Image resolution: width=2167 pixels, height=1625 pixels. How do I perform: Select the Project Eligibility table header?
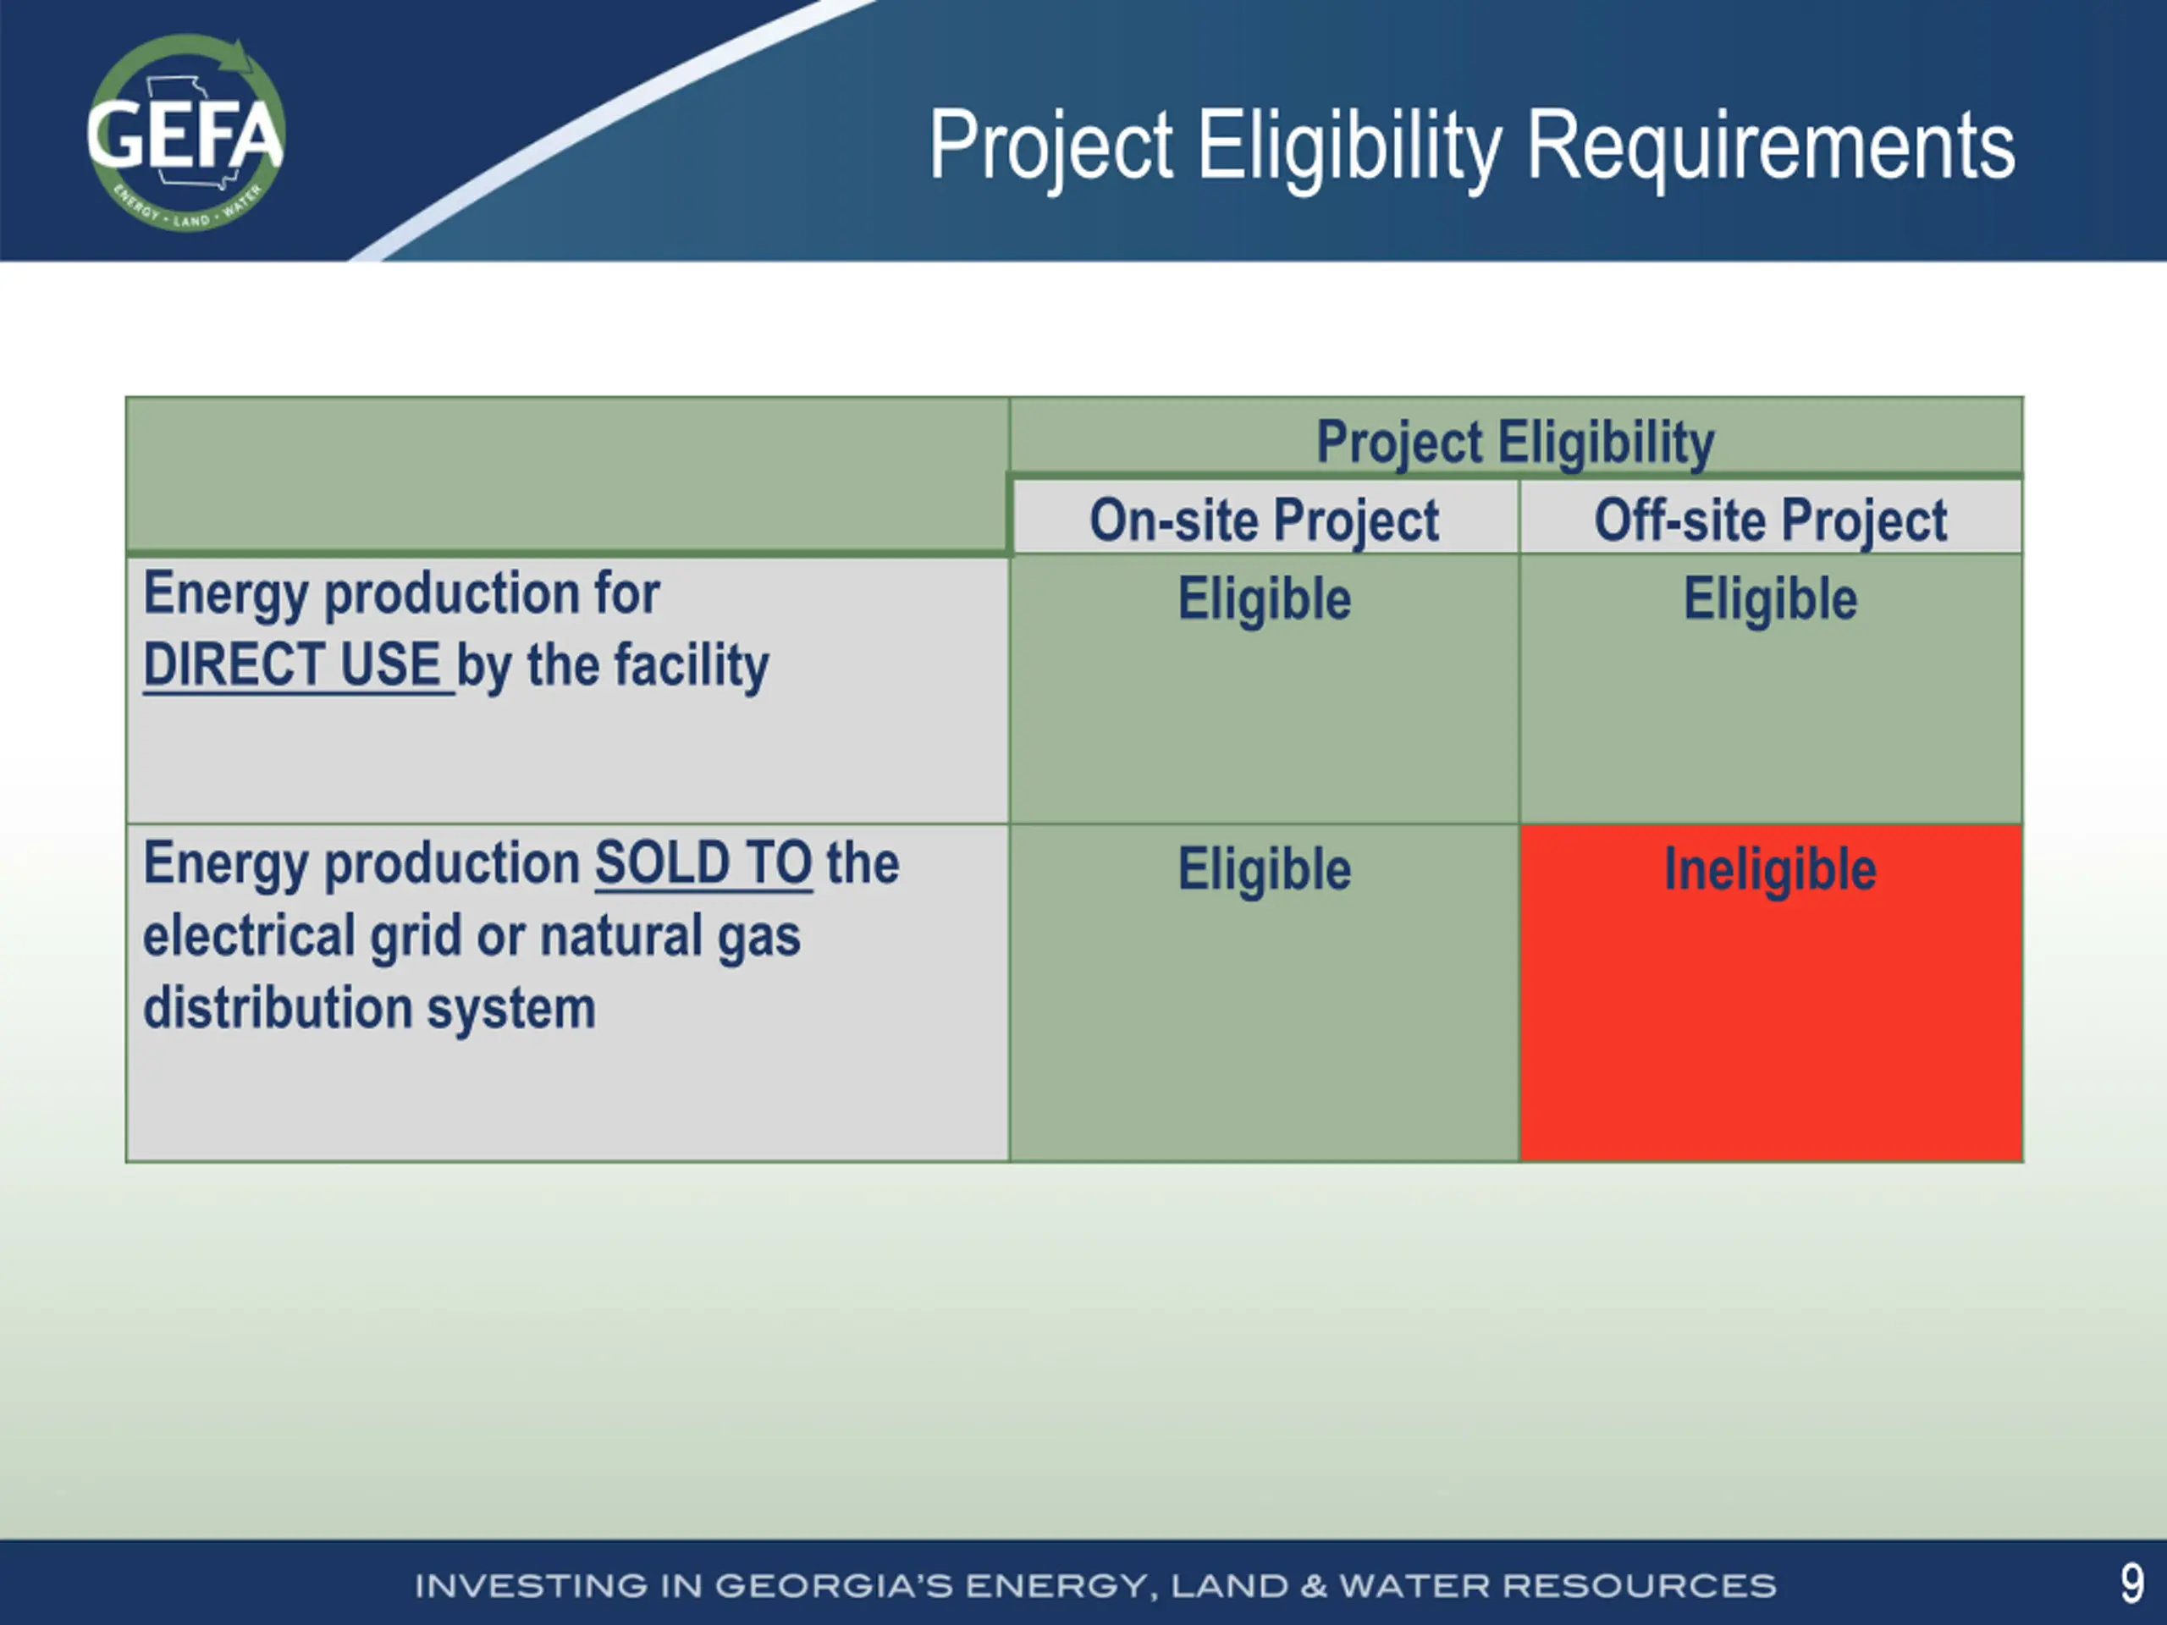(1515, 442)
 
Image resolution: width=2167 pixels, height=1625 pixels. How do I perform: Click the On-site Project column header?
(1264, 521)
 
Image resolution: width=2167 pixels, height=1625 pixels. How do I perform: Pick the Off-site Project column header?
(1770, 521)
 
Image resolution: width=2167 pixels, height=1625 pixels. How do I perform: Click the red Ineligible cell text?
(1770, 869)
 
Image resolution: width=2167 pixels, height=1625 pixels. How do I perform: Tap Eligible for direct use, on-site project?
(1264, 598)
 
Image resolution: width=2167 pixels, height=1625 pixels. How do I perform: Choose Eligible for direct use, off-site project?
(1770, 598)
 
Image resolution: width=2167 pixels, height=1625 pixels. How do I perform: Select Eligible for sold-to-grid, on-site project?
(1264, 869)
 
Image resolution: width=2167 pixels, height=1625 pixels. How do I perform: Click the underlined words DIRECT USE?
(293, 665)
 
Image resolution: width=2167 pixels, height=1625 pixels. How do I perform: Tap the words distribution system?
(369, 1009)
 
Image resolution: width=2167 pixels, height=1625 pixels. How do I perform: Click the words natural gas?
(670, 936)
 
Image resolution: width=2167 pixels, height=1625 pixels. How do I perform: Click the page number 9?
(2131, 1584)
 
